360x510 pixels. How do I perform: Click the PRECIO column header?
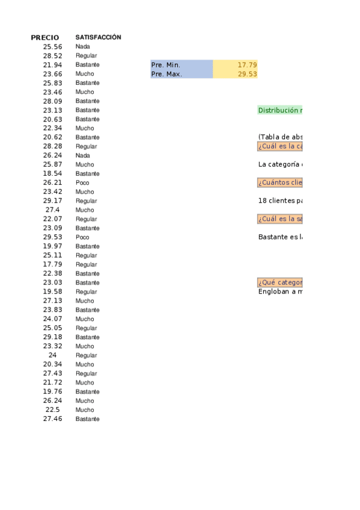(45, 37)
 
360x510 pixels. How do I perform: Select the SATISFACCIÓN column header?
(98, 37)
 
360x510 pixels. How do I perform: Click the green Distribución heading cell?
(280, 110)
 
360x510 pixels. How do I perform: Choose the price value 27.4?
(52, 210)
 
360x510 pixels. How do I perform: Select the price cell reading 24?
(52, 355)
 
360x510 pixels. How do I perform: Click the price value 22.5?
(52, 410)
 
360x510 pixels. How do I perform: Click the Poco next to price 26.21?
(82, 183)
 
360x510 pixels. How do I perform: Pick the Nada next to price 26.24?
(83, 155)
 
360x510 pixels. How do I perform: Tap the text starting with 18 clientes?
(280, 201)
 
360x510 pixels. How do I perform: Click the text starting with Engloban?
(280, 292)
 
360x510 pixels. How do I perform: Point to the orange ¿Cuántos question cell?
(280, 183)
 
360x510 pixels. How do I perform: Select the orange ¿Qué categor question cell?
(280, 283)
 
